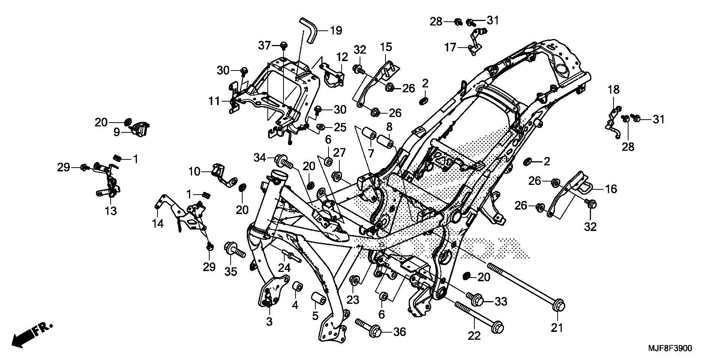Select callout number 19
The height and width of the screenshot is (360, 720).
(336, 30)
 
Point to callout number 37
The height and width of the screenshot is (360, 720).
(264, 46)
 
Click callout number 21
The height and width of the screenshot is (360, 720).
(557, 328)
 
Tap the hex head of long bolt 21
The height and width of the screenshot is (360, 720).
(558, 304)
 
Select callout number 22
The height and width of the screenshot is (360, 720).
(474, 336)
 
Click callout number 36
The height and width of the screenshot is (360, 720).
(400, 332)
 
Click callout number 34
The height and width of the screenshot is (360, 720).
(259, 158)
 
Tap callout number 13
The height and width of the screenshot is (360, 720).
(111, 211)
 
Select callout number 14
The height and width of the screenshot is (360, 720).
(158, 223)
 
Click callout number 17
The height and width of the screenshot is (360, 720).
(450, 48)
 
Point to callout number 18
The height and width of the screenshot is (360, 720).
(614, 90)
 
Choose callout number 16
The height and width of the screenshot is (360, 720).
(611, 189)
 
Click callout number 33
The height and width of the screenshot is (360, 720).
(501, 301)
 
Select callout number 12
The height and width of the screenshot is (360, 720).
(342, 57)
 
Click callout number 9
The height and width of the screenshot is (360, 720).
(117, 132)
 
